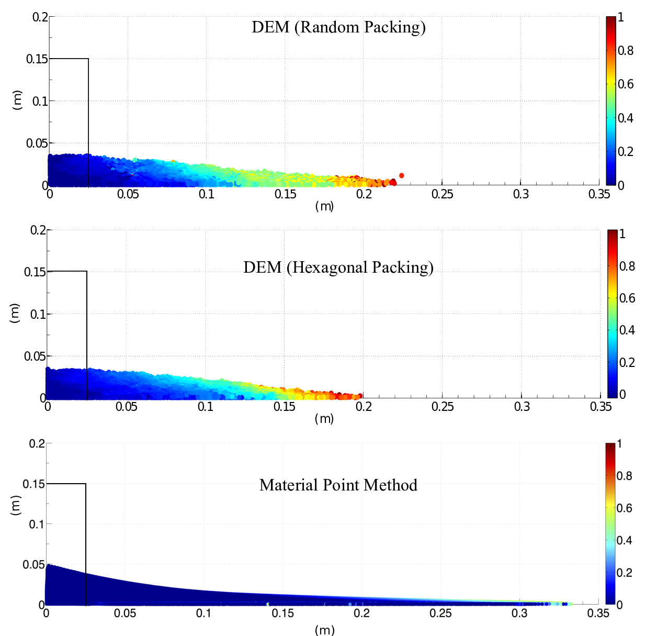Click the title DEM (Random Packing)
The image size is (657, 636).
tap(338, 27)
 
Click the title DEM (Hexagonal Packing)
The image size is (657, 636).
tap(338, 267)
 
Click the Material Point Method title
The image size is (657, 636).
tap(338, 485)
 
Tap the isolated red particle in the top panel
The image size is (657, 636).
tap(401, 175)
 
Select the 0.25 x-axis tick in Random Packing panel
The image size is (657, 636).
tap(442, 194)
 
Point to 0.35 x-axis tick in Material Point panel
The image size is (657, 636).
tap(598, 613)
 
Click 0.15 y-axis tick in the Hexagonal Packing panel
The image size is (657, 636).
tap(35, 272)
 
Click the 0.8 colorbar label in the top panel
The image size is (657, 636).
tap(626, 51)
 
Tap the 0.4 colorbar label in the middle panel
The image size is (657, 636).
tap(627, 330)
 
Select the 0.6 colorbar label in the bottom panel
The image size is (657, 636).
tap(624, 508)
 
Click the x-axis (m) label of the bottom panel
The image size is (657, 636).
tap(324, 630)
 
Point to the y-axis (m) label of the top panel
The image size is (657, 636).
tap(17, 100)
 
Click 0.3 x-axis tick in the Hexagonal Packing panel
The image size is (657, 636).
tap(522, 407)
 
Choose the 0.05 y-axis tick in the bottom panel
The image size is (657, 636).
tap(33, 564)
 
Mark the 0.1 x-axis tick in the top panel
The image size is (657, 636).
tap(207, 194)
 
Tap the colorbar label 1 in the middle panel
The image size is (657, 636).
tap(622, 234)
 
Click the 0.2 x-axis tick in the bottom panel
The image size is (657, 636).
tap(361, 613)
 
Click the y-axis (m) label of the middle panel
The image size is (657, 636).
tap(15, 313)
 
